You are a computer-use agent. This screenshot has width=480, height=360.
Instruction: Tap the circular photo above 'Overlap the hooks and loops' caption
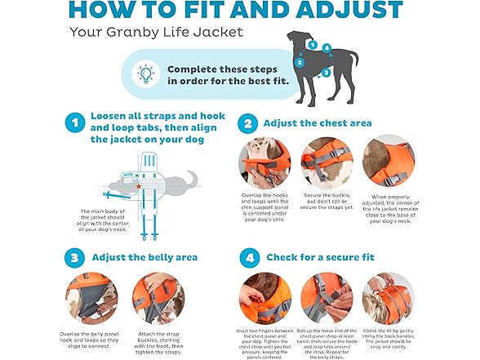click(x=264, y=161)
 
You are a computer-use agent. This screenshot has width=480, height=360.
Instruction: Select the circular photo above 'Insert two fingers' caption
click(x=264, y=297)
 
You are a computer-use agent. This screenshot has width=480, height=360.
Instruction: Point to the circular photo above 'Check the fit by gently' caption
click(x=389, y=297)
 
